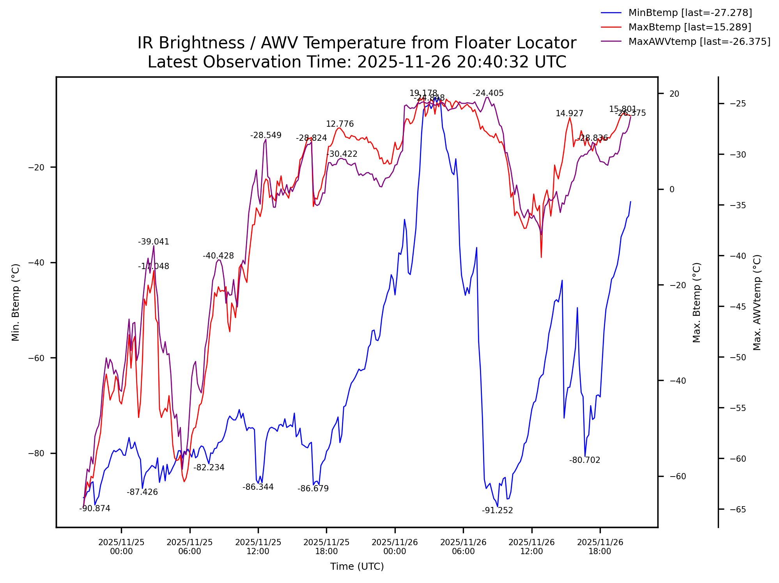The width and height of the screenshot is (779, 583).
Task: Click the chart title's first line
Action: [357, 43]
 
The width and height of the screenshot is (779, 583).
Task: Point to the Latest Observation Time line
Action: [357, 62]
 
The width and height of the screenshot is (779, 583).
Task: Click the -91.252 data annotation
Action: [497, 510]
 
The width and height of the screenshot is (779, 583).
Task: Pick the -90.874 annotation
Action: [95, 509]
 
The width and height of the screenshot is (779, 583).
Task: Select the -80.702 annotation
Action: [584, 460]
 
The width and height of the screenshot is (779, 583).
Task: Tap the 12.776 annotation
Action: [340, 124]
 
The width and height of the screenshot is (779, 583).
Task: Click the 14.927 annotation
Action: [569, 113]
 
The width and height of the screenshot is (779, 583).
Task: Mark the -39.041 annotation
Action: [154, 242]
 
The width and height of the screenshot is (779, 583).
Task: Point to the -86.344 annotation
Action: [258, 487]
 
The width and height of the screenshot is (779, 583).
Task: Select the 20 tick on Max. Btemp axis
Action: [674, 94]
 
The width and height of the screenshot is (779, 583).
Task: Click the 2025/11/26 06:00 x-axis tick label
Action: [463, 547]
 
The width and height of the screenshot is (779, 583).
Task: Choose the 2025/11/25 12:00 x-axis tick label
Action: [258, 547]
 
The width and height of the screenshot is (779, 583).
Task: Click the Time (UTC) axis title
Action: [357, 567]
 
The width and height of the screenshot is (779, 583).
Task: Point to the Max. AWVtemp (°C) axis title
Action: [757, 303]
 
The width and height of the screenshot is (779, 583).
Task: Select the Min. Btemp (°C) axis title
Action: [16, 303]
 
